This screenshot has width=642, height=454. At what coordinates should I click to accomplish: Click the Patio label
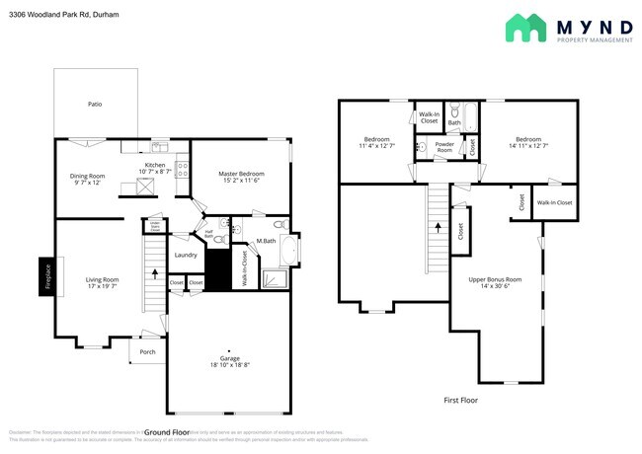pos(95,104)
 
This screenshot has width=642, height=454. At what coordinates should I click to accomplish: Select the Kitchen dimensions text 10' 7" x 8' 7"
pos(155,172)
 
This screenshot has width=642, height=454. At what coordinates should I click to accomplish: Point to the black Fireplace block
pos(45,277)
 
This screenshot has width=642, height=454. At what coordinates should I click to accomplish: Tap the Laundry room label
pos(187,256)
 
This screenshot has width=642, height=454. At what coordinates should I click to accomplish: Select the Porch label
pos(147,352)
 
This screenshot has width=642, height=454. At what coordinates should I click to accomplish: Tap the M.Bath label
pos(265,241)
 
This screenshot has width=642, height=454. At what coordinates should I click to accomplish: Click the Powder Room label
pos(444,147)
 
